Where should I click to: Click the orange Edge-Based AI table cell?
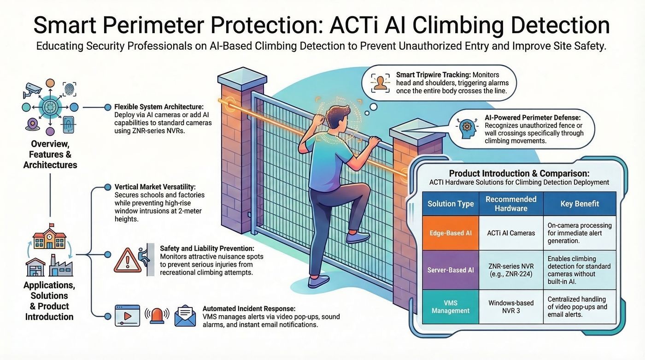pos(451,233)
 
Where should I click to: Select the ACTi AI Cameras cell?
pos(511,233)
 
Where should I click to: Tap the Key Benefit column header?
pos(580,204)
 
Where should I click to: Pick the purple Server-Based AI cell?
pos(451,270)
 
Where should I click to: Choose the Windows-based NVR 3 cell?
pos(511,307)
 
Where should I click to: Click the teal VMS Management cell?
pos(451,307)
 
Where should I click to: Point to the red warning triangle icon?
pos(128,261)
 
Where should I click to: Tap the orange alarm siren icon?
pos(157,316)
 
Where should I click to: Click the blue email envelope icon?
pos(185,316)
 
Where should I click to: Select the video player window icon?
pos(127,316)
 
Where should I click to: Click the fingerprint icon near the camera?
pos(70,89)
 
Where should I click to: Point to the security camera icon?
pos(32,90)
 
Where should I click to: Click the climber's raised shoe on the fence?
pos(358,237)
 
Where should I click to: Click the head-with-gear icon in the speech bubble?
pos(467,129)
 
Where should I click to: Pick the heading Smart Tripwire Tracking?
pos(434,75)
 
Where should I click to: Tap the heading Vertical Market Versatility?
pos(155,187)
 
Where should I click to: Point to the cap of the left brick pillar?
pos(242,76)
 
